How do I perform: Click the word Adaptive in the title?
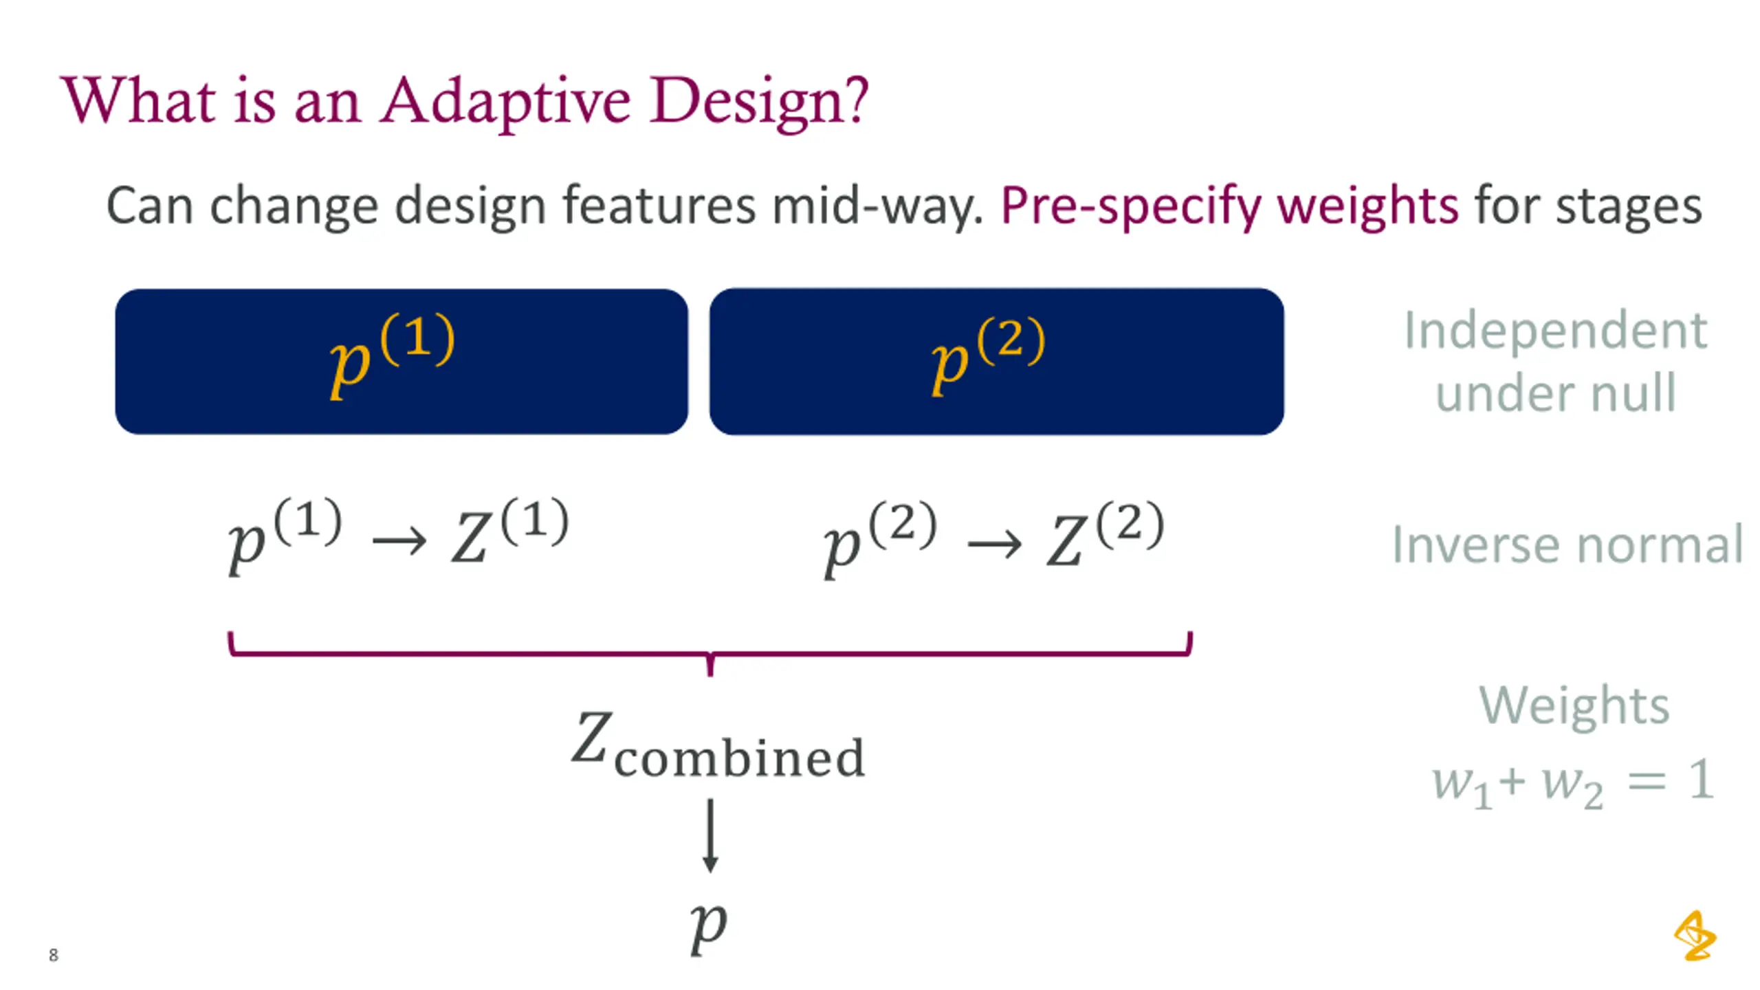(505, 102)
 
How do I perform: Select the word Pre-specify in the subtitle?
(1130, 206)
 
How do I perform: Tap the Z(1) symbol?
(509, 532)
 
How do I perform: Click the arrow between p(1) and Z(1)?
(399, 542)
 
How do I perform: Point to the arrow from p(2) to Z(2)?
(994, 545)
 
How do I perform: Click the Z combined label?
(717, 747)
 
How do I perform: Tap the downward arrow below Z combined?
(710, 835)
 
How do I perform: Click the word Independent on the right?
(1555, 331)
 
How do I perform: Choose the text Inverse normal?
(1567, 544)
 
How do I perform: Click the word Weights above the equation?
(1574, 705)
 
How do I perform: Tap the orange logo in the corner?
(1695, 936)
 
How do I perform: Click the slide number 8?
(54, 955)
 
